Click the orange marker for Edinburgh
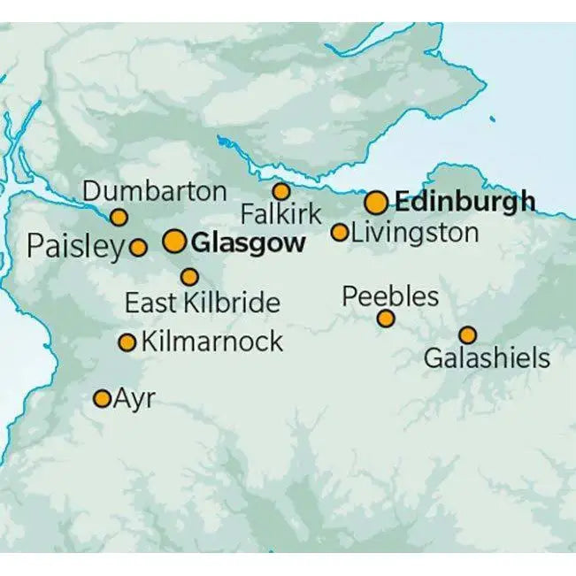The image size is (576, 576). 376,203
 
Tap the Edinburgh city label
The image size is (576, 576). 465,202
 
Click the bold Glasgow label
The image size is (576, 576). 249,242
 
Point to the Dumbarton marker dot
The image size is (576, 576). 119,217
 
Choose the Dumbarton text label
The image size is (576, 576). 154,191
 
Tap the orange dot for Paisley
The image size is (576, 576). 138,248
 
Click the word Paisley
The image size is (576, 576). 76,247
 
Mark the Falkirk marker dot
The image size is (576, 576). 280,191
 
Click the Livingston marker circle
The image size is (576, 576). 340,233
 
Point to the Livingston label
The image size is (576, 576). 414,234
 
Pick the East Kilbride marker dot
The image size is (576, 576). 189,277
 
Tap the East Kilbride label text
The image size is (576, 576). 202,303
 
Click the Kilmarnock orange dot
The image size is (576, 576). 127,342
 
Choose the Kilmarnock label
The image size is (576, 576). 212,342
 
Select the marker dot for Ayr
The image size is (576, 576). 103,398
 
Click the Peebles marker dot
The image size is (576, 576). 386,319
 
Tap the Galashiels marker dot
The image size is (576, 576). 467,334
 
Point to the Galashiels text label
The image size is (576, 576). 487,358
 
